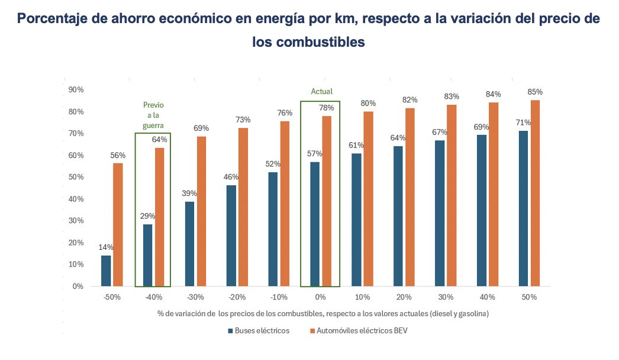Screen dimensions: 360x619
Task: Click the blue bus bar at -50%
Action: (x=106, y=271)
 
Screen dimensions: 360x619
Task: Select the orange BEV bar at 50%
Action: (x=536, y=193)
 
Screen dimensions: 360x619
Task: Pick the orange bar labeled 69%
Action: (x=201, y=211)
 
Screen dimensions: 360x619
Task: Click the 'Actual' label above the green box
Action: (x=322, y=92)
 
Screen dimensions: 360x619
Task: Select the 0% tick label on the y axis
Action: (x=78, y=287)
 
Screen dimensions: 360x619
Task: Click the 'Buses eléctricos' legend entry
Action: (x=259, y=331)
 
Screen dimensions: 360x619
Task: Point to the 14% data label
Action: (x=107, y=247)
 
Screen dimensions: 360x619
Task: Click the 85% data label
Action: (x=536, y=92)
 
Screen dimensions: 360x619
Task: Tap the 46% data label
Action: (x=231, y=177)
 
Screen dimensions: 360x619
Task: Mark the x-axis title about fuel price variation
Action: (x=323, y=313)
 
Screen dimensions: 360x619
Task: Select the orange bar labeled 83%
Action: (x=452, y=195)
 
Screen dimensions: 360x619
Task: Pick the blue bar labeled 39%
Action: (x=189, y=244)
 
